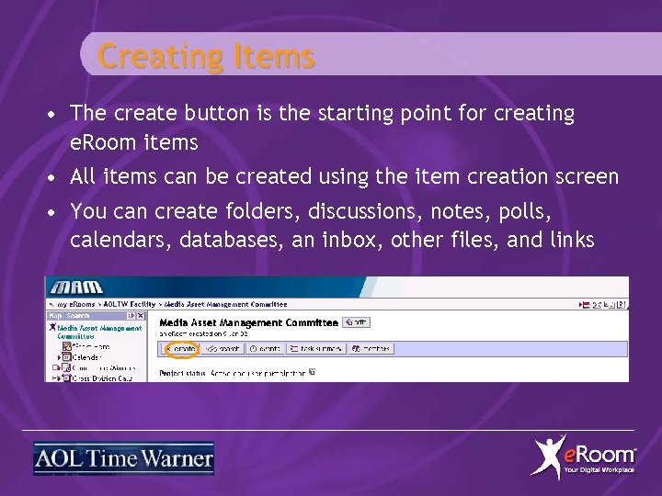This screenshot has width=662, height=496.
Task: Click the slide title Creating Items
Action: [x=206, y=57]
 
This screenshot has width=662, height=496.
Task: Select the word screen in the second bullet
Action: [x=583, y=176]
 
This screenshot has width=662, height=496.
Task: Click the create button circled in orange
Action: [x=180, y=349]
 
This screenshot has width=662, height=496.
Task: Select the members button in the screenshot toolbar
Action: [x=370, y=349]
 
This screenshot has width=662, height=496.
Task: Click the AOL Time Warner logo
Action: [x=123, y=458]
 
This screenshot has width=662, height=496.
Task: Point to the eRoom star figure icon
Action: [x=550, y=457]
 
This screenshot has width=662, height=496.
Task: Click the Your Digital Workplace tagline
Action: [x=599, y=470]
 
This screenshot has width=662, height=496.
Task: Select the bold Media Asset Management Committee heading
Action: [x=247, y=322]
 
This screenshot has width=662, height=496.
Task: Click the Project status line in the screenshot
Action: [x=234, y=373]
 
